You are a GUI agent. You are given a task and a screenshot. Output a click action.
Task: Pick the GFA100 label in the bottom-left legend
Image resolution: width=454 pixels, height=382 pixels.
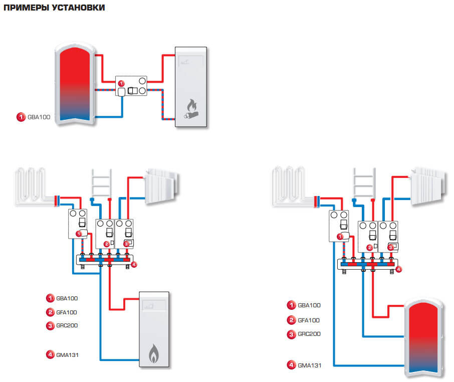coord(68,312)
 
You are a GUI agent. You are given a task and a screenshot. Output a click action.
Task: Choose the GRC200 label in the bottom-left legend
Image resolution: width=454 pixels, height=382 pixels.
coord(68,325)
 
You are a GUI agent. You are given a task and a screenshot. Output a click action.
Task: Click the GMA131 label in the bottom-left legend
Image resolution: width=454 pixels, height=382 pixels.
coord(68,355)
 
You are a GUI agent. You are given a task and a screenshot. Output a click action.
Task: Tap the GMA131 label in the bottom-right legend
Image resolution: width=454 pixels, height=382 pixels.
coord(309,365)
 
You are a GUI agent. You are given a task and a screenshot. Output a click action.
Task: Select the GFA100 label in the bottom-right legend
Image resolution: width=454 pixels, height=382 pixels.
coord(309,320)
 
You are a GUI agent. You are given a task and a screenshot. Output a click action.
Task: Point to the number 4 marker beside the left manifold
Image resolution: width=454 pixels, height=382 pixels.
coord(134,264)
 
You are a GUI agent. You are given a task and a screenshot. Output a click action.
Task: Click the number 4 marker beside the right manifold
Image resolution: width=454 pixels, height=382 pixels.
coord(399,269)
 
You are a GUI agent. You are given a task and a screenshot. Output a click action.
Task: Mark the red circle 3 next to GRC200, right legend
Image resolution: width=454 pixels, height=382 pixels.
coord(291,334)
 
